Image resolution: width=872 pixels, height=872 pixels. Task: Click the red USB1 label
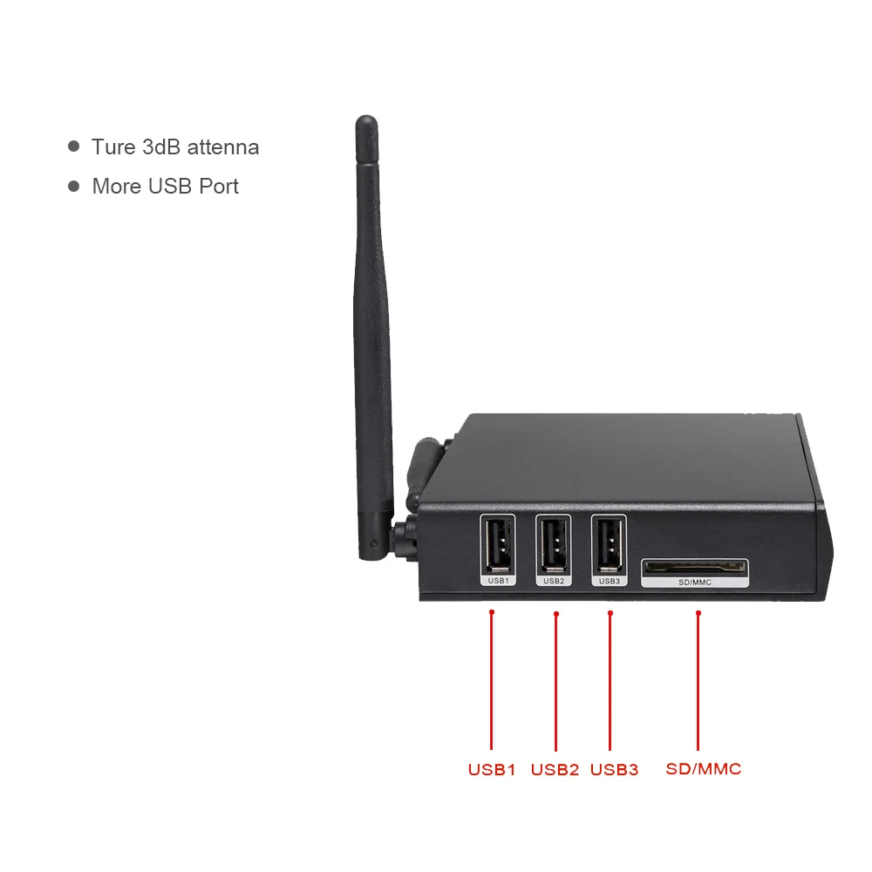coord(492,770)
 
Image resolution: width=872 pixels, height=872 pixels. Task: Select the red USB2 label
coord(555,770)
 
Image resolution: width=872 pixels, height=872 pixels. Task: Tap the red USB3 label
coord(614,770)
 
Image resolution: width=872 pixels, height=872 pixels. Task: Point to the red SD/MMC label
coord(703,769)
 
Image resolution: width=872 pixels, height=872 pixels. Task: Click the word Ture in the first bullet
coord(113,147)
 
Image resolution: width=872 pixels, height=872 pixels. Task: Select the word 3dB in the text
coord(161,147)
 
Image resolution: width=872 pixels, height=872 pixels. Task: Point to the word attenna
coord(223,147)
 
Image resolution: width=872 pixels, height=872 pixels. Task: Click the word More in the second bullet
coord(116,187)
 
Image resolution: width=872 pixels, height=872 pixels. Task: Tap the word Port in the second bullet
coord(219,187)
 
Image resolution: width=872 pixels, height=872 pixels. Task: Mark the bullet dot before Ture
coord(74,147)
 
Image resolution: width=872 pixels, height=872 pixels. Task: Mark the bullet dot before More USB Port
coord(74,187)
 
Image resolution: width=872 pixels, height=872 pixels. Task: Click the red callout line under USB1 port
coord(492,680)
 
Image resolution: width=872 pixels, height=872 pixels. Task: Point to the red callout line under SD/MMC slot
coord(698,680)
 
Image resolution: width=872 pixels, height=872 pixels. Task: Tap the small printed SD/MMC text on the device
coord(695,581)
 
